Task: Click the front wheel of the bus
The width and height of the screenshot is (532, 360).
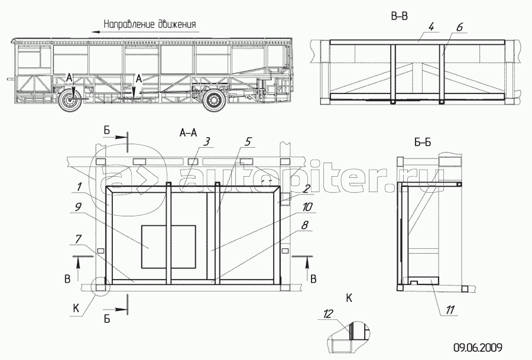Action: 70,99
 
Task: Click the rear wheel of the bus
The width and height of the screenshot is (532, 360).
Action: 214,100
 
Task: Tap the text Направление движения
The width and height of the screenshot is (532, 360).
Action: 150,24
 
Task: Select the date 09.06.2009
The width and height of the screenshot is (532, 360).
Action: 478,348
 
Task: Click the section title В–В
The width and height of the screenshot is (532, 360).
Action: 400,16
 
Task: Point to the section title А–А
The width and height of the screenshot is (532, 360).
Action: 189,132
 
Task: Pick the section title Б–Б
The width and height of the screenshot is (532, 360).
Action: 423,142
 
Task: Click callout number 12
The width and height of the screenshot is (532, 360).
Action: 328,314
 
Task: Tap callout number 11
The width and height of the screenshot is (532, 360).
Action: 450,310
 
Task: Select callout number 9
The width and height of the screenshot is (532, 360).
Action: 79,207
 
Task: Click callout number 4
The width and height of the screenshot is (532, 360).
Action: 431,27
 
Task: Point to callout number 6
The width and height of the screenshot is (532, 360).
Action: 459,27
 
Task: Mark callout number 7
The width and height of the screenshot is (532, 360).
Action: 79,239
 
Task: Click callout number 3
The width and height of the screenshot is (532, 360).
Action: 207,142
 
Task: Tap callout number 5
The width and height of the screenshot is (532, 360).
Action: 248,141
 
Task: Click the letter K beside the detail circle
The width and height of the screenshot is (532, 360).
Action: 76,308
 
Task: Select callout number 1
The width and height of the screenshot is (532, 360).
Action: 79,187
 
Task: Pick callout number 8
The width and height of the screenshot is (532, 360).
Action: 304,225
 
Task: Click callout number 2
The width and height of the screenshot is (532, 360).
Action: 306,189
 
